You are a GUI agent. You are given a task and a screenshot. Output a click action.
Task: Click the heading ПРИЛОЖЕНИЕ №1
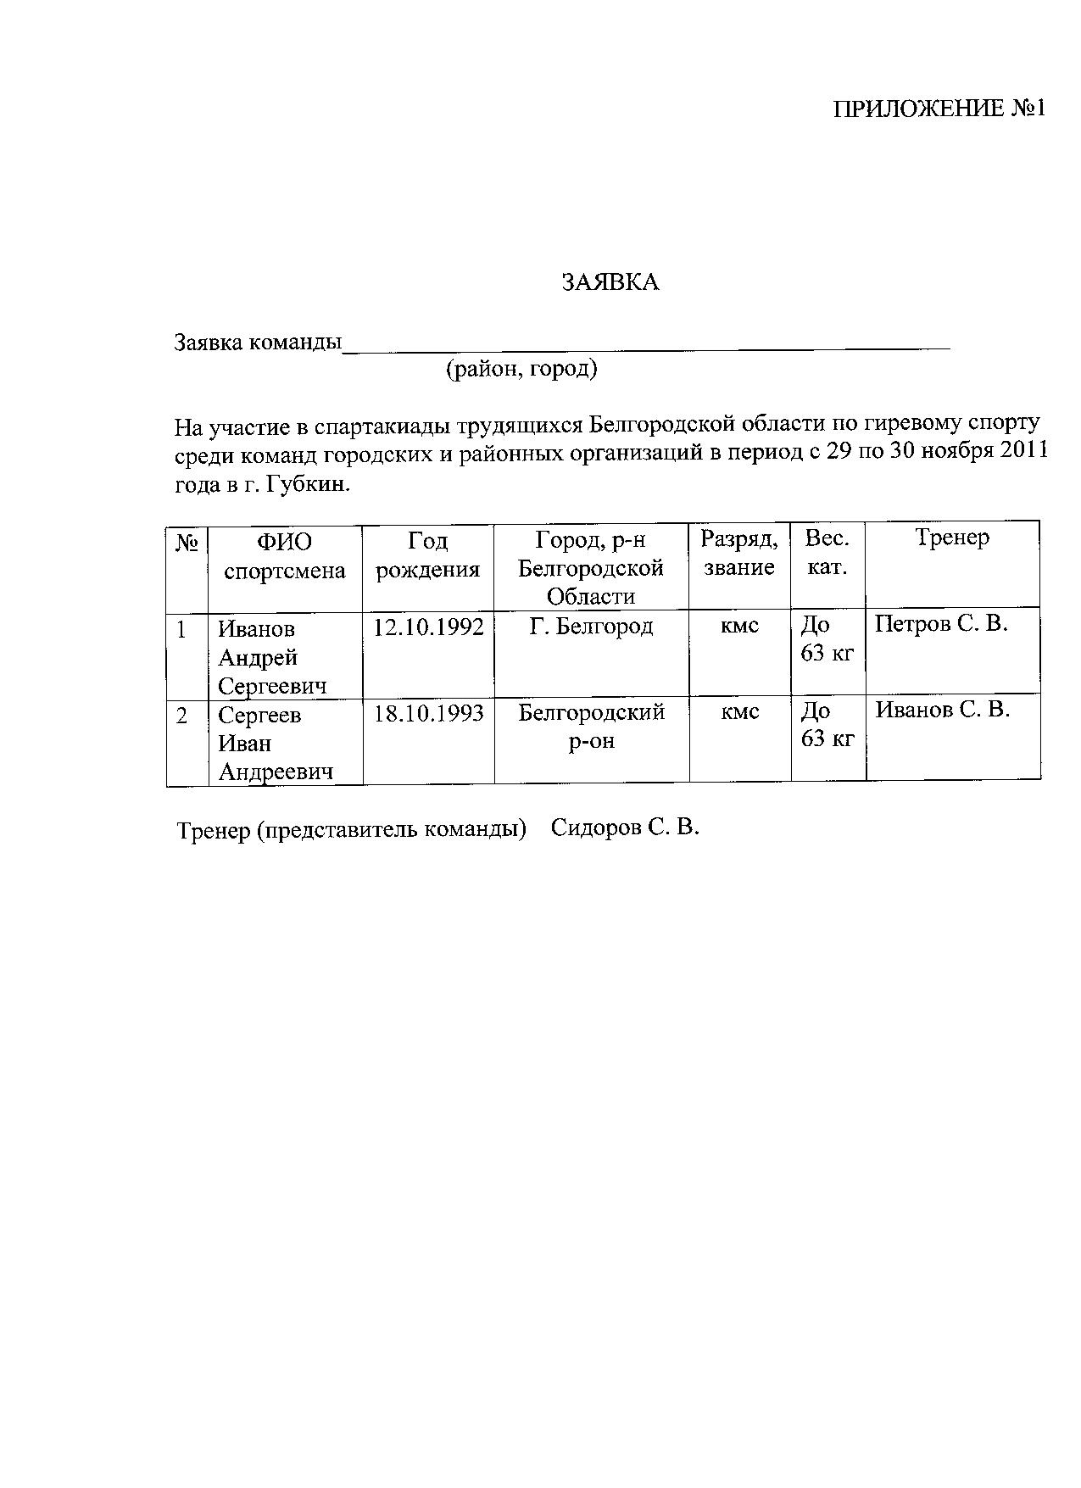940,109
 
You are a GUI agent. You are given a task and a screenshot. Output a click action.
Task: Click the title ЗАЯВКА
610,283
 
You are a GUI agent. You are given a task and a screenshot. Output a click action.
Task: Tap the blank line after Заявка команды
644,343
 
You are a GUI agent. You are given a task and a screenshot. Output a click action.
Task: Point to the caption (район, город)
521,370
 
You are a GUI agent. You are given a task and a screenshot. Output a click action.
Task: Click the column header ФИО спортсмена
285,555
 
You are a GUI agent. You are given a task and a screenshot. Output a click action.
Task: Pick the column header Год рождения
427,555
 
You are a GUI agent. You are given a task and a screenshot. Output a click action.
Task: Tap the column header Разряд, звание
738,553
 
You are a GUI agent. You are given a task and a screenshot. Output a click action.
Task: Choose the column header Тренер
952,538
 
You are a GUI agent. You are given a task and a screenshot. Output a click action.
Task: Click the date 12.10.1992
428,627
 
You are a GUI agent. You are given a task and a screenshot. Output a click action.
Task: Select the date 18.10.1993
428,713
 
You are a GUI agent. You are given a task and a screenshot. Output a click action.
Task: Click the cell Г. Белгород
591,627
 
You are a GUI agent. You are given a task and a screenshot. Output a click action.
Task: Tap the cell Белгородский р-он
591,726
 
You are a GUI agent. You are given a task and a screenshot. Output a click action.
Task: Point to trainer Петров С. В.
941,624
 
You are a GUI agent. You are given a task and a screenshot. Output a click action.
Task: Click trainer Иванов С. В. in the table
942,710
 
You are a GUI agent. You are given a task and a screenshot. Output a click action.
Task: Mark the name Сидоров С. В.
625,827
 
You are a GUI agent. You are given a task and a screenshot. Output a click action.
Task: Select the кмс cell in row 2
739,712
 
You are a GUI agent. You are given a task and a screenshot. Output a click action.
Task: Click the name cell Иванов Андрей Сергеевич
271,657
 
